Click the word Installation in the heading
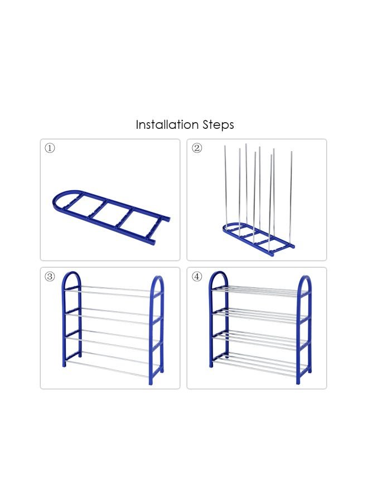[167, 124]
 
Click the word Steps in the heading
[218, 125]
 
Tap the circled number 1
[50, 148]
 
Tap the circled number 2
[197, 148]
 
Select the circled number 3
[50, 276]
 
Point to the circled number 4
[197, 276]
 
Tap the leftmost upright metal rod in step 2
[225, 186]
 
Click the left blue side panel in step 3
[71, 320]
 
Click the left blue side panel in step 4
[218, 320]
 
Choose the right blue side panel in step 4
[304, 330]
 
